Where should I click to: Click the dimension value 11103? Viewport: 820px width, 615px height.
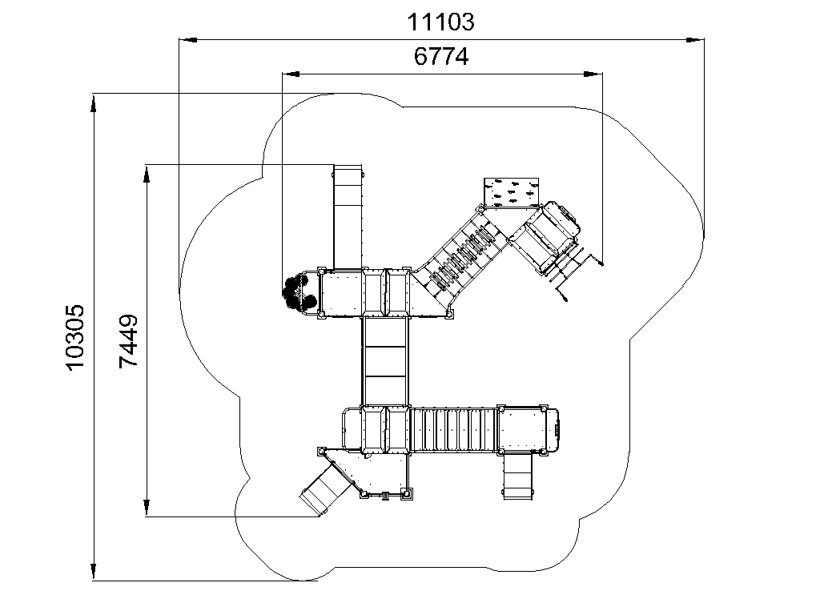pos(440,22)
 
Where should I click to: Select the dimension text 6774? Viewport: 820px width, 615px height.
pos(441,57)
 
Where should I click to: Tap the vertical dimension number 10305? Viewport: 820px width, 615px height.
pos(75,337)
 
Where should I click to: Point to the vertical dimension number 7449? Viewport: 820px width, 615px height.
pos(128,341)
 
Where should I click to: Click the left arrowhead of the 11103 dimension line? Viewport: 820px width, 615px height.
pos(188,39)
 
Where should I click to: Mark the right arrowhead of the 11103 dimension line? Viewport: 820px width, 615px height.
pos(695,39)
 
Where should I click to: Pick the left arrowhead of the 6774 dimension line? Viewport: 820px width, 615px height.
pos(291,74)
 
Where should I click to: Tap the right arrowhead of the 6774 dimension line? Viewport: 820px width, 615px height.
pos(593,74)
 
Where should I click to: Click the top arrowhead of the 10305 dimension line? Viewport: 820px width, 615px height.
pos(94,102)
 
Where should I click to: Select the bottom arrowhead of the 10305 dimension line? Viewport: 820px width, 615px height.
pos(94,571)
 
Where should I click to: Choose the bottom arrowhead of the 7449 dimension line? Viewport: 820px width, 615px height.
pos(147,508)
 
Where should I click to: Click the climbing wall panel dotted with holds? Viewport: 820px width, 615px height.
pos(511,192)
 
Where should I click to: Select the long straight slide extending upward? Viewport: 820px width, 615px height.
pos(348,216)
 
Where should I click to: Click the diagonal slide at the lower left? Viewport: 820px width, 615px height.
pos(325,488)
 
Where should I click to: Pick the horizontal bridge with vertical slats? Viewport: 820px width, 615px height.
pos(453,429)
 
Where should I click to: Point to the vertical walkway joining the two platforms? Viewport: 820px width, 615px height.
pos(385,361)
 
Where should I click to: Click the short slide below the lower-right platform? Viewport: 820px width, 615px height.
pos(518,476)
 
